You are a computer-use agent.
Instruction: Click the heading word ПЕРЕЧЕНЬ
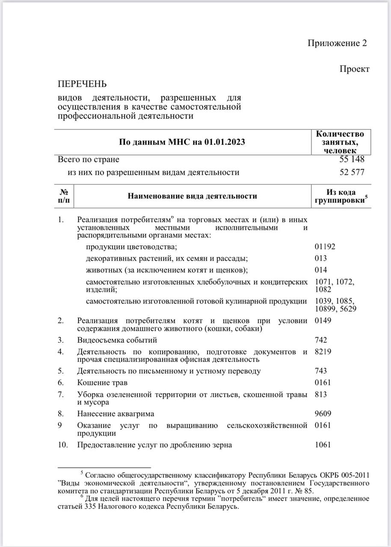pos(82,84)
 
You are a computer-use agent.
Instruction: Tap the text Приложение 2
pos(337,43)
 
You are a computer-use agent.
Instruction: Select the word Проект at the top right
pos(354,69)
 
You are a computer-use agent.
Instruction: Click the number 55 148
pos(352,159)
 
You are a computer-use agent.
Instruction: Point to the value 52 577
pos(352,173)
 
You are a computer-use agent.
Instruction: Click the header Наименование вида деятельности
pos(193,196)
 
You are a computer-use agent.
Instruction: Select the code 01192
pos(325,247)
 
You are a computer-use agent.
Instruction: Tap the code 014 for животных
pos(321,270)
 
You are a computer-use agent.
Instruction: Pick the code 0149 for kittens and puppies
pos(323,321)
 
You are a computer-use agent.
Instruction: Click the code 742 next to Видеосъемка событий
pos(321,340)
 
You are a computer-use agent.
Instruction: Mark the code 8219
pos(323,352)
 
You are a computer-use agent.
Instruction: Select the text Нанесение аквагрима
pos(116,414)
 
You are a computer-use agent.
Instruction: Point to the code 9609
pos(323,414)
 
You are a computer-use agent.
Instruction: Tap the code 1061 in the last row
pos(323,445)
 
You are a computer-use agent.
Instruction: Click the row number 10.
pos(63,445)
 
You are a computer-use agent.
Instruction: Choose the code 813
pos(321,394)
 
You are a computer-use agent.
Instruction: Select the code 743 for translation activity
pos(321,371)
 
